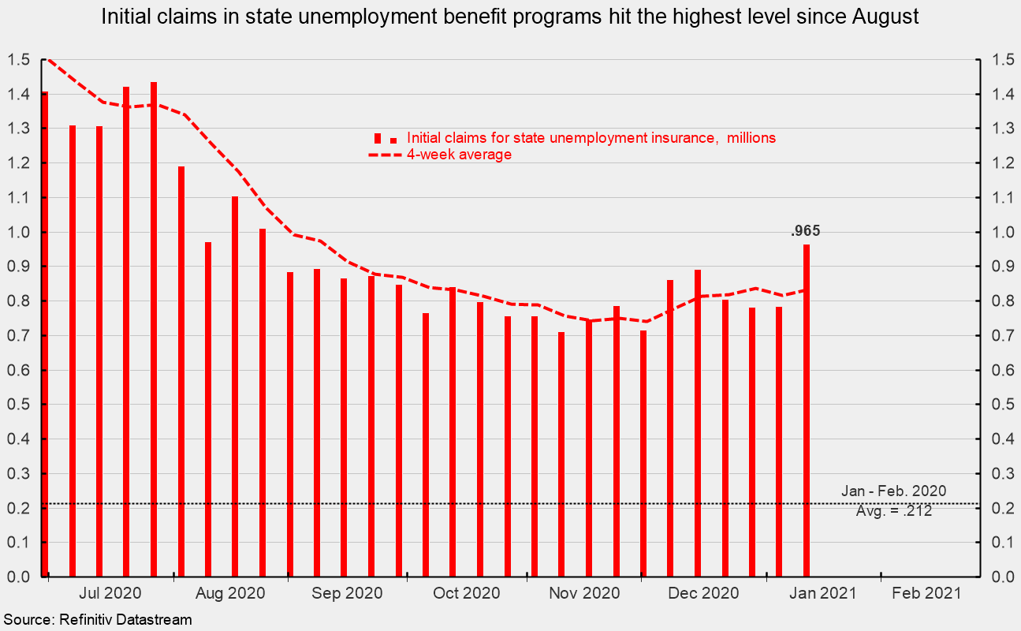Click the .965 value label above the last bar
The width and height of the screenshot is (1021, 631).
[806, 232]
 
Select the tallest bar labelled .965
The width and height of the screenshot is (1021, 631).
[807, 410]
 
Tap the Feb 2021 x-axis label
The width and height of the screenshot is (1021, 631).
[926, 593]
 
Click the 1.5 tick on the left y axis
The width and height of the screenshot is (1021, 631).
[20, 60]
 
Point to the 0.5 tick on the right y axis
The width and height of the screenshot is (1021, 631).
[998, 405]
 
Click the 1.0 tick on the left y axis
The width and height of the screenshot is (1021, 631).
[20, 233]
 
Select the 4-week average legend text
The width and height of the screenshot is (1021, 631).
[459, 155]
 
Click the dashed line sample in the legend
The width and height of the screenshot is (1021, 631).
[386, 155]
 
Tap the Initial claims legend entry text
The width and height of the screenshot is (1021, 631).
[591, 138]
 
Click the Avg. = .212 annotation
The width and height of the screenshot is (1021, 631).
[894, 511]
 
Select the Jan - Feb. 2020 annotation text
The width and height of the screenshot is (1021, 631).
[893, 491]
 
